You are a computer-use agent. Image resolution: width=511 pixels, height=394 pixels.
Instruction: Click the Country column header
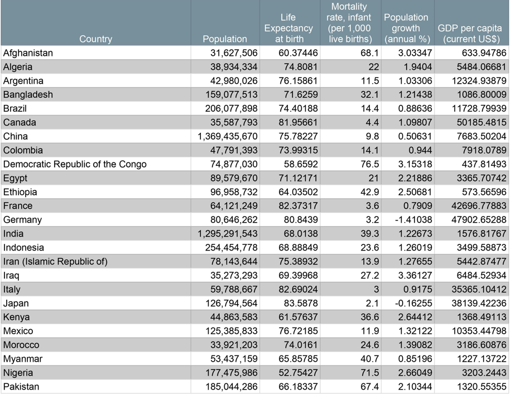pyautogui.click(x=95, y=39)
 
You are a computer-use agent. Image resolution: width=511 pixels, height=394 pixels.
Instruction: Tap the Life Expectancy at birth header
pyautogui.click(x=288, y=28)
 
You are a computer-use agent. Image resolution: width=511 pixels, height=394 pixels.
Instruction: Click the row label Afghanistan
pyautogui.click(x=28, y=53)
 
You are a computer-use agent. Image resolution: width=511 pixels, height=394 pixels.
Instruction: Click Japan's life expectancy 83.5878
pyautogui.click(x=300, y=304)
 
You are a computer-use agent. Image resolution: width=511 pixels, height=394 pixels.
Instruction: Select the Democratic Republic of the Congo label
pyautogui.click(x=75, y=164)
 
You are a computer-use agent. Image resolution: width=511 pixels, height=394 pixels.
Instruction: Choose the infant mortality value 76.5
pyautogui.click(x=369, y=164)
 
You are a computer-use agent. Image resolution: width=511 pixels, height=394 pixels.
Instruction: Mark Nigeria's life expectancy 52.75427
pyautogui.click(x=297, y=373)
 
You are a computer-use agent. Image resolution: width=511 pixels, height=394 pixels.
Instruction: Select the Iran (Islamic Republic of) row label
pyautogui.click(x=55, y=262)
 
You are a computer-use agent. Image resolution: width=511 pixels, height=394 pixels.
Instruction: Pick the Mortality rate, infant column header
pyautogui.click(x=350, y=23)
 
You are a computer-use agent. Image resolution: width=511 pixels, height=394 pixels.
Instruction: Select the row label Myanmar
pyautogui.click(x=23, y=359)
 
